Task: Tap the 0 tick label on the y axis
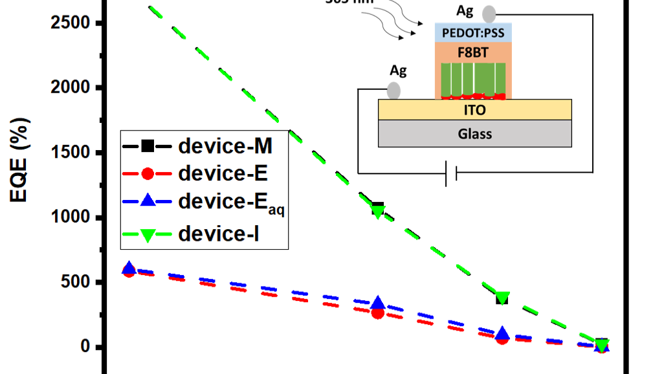pos(84,347)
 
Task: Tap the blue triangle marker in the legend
pos(148,201)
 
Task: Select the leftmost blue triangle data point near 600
pos(129,268)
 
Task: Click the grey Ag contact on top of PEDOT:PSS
pos(489,14)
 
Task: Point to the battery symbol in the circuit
pos(452,173)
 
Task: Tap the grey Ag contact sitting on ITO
pos(393,89)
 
